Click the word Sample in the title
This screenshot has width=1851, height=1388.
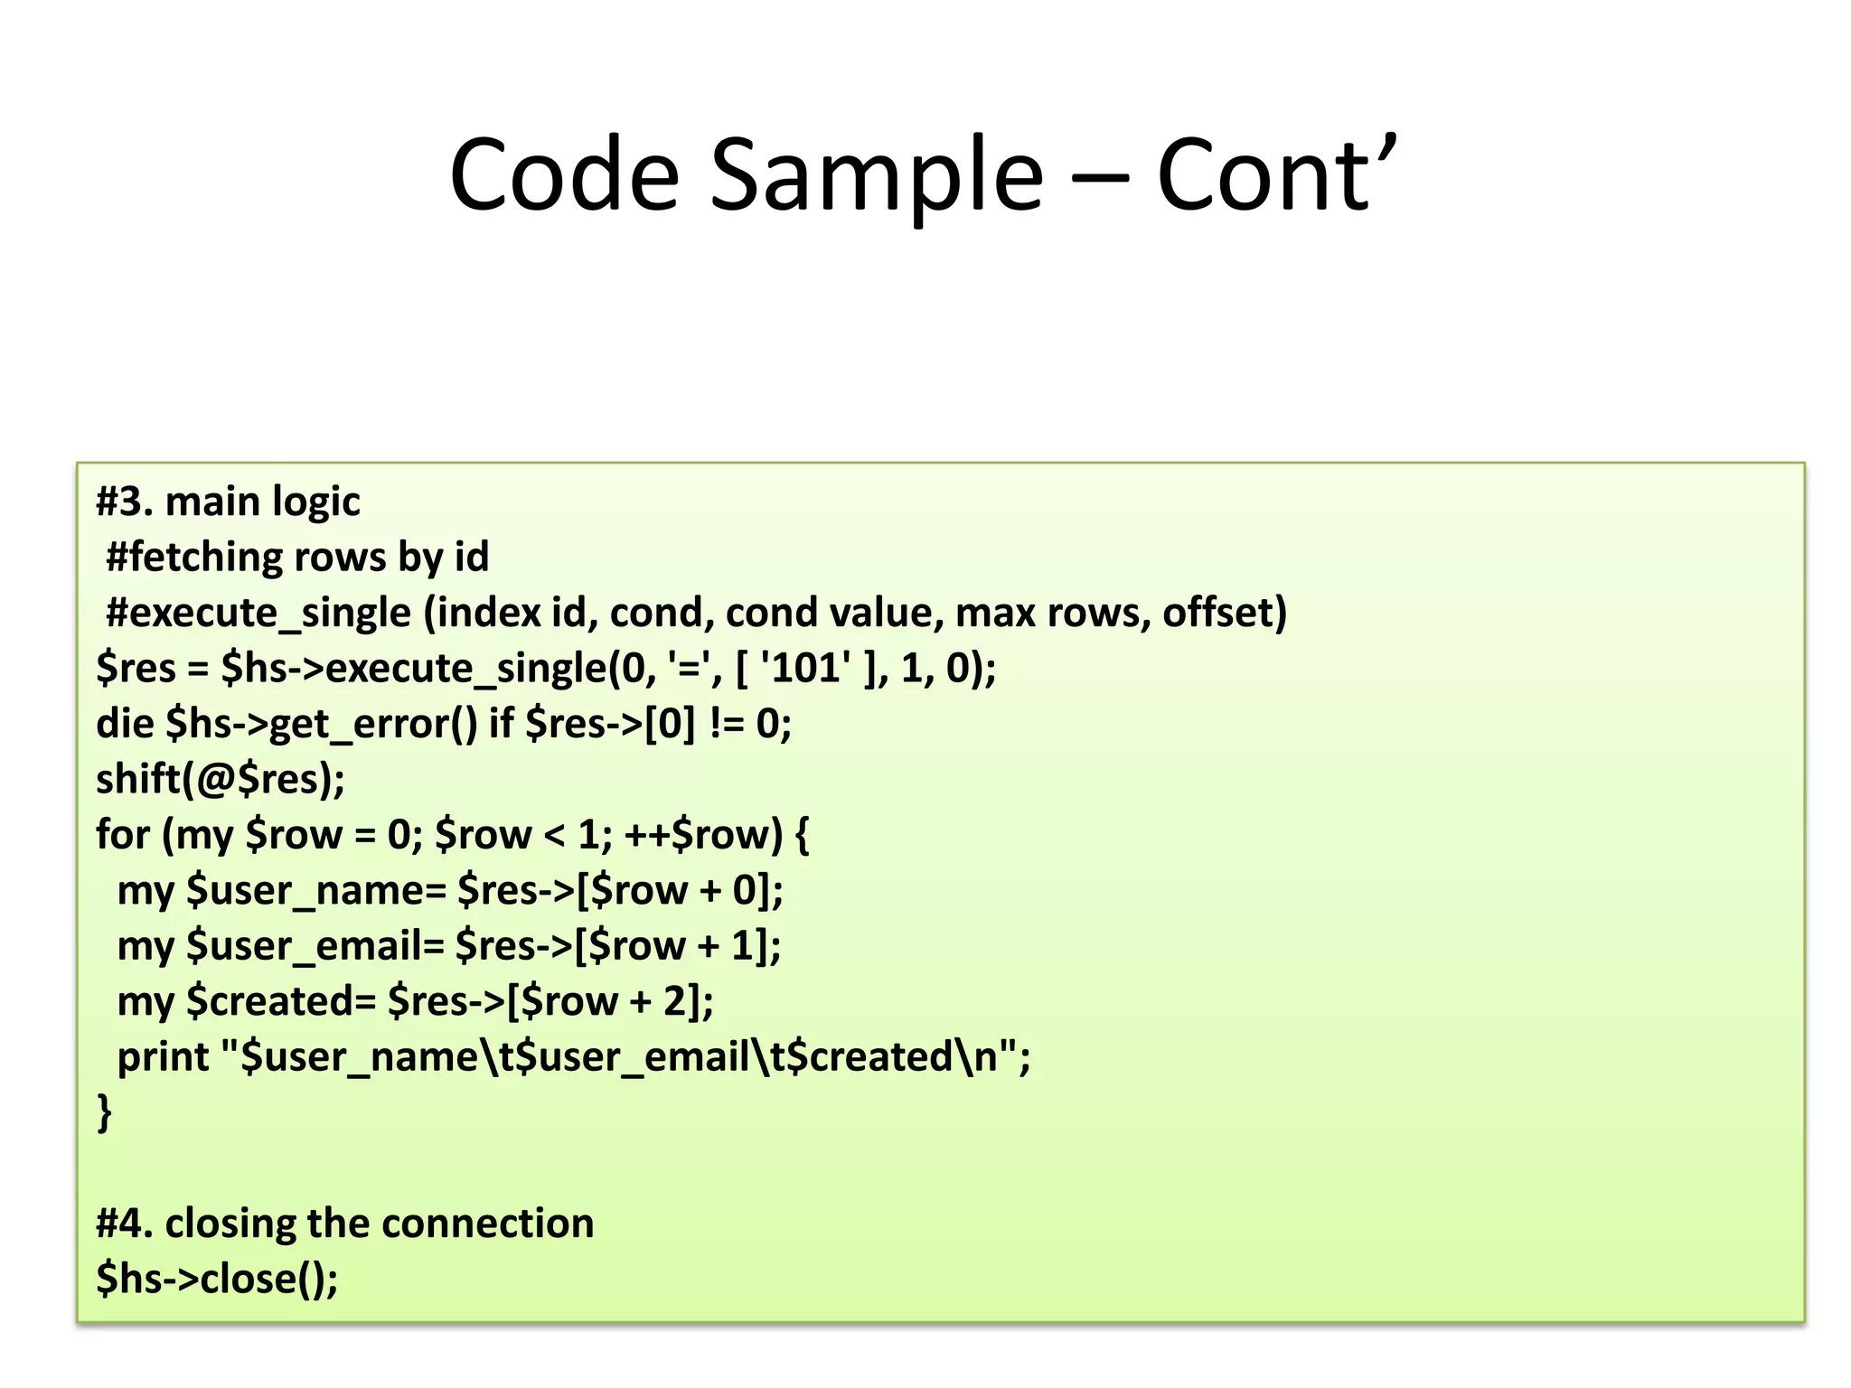pos(876,175)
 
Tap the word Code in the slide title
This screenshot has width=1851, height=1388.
pos(563,175)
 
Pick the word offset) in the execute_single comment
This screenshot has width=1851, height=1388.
pos(1225,613)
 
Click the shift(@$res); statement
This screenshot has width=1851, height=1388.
pos(221,779)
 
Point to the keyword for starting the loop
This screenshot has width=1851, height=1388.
pos(123,834)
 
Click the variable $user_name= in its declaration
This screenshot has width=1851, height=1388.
pos(316,890)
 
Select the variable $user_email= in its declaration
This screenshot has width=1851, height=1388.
pos(315,946)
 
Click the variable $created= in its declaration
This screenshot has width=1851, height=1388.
pos(281,1001)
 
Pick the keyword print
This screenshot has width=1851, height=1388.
pos(163,1057)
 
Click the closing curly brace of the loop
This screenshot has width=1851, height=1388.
pos(105,1111)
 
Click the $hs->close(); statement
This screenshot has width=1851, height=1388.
pos(217,1279)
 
